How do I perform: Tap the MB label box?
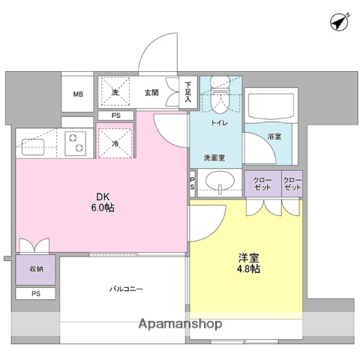pyautogui.click(x=78, y=94)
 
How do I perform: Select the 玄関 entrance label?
pyautogui.click(x=151, y=93)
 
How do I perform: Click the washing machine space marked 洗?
pyautogui.click(x=116, y=92)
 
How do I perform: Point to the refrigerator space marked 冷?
pyautogui.click(x=116, y=142)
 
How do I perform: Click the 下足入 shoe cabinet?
pyautogui.click(x=187, y=93)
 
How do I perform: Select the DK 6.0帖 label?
pyautogui.click(x=104, y=201)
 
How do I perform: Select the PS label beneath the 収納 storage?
pyautogui.click(x=37, y=294)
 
